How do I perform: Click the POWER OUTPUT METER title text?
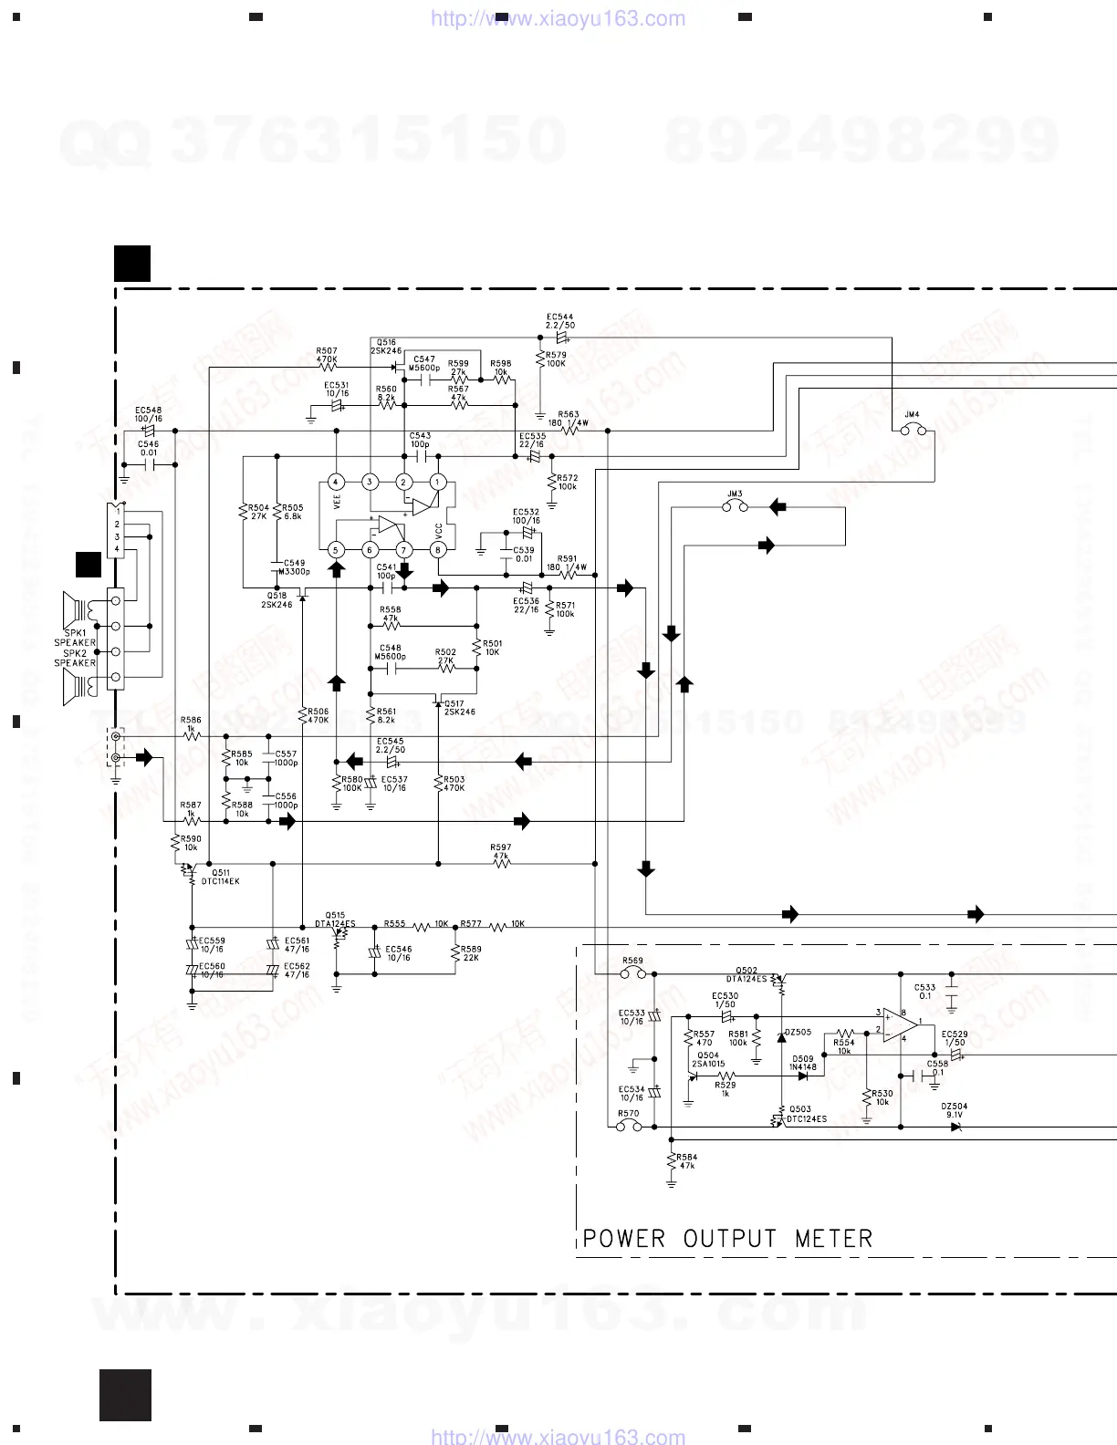727,1238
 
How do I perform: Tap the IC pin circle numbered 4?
336,482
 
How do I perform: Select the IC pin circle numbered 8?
438,549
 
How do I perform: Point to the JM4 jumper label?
912,415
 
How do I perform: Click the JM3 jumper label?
735,494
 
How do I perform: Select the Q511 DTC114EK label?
221,877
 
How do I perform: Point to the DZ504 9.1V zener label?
955,1110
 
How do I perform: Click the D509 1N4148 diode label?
803,1063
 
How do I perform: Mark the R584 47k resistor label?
687,1161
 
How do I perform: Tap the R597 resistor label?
501,847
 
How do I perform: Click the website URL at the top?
558,18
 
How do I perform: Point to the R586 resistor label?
191,721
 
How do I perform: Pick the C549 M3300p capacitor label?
296,567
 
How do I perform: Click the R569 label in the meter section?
632,961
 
